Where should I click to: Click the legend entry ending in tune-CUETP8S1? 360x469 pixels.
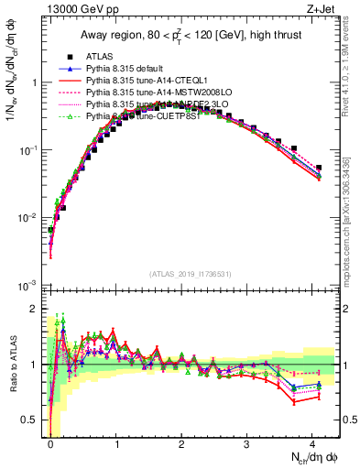click(147, 116)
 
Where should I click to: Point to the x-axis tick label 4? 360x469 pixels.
click(312, 444)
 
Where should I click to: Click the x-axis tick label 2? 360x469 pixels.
click(181, 444)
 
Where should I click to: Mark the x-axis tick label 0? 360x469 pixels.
click(50, 444)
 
